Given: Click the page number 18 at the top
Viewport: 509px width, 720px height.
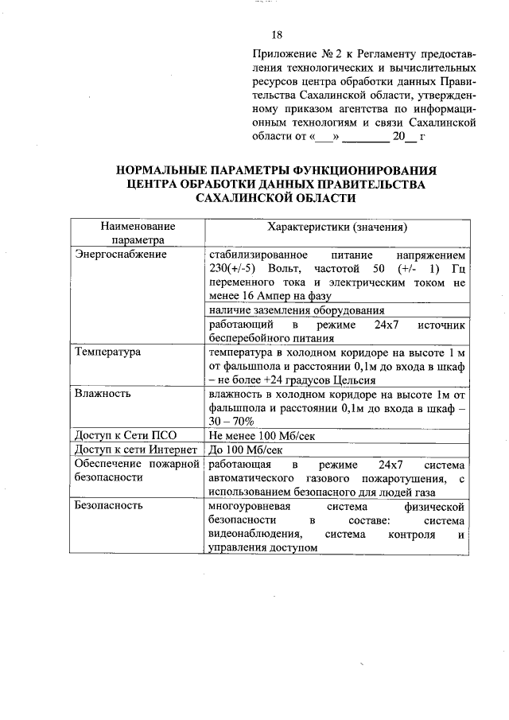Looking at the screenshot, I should [x=277, y=35].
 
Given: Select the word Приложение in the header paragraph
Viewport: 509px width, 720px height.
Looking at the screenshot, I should [x=281, y=54].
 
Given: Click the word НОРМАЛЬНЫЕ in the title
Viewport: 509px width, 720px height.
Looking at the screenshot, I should [x=165, y=169].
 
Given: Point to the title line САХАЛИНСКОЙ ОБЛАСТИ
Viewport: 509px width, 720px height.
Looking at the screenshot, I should [x=276, y=198].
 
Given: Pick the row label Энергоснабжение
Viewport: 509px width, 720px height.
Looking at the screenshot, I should [x=120, y=254].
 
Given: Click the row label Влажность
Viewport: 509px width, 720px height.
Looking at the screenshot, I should [x=104, y=393].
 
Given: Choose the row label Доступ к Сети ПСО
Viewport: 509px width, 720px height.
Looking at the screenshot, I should [x=125, y=436].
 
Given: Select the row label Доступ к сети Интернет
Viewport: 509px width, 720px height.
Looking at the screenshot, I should [x=135, y=450].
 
